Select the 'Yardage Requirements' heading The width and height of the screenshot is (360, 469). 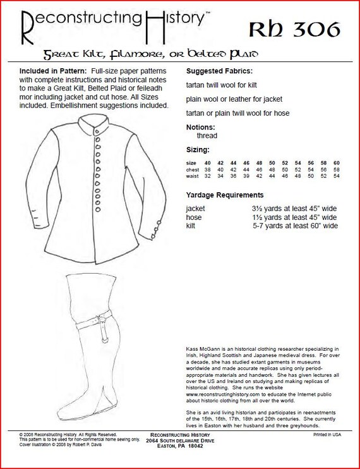pyautogui.click(x=225, y=195)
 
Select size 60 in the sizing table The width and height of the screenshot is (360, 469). pyautogui.click(x=337, y=162)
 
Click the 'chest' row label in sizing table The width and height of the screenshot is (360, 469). pyautogui.click(x=193, y=170)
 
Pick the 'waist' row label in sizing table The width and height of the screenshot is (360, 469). pyautogui.click(x=193, y=178)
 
